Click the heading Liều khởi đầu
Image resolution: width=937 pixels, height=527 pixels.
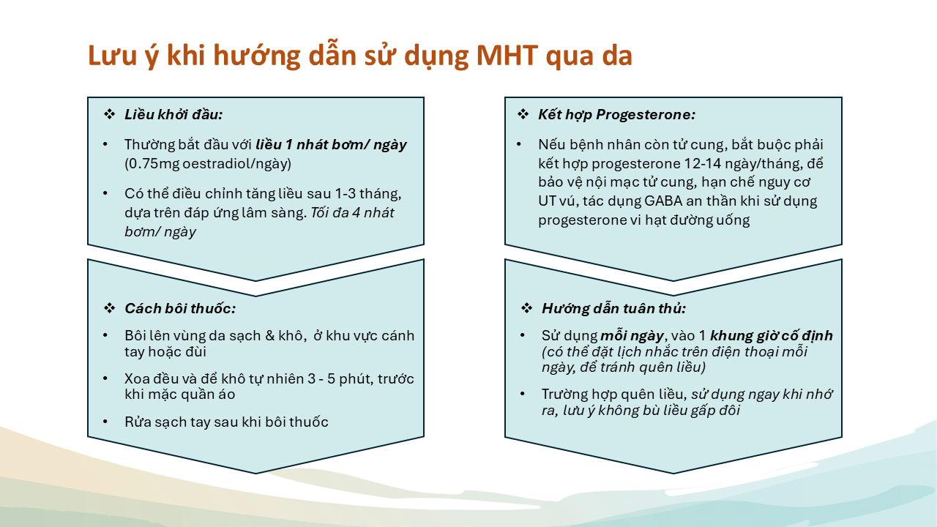point(173,115)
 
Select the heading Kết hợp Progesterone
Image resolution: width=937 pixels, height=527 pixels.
point(617,115)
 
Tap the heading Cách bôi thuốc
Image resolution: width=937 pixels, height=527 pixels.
point(180,309)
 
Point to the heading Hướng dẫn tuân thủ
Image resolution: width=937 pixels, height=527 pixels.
point(614,309)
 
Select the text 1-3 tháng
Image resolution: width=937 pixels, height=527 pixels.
point(368,194)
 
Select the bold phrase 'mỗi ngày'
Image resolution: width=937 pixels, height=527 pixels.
point(632,336)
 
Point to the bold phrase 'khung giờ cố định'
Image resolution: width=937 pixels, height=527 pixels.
point(772,336)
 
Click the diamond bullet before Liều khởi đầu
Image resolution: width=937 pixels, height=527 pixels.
point(110,114)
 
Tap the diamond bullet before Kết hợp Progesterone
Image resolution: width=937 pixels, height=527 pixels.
point(523,114)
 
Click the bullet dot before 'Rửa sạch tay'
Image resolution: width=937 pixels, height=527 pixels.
point(105,422)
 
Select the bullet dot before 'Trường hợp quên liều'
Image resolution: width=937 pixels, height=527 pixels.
point(523,394)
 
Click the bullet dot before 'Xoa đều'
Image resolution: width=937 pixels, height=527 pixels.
point(105,378)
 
